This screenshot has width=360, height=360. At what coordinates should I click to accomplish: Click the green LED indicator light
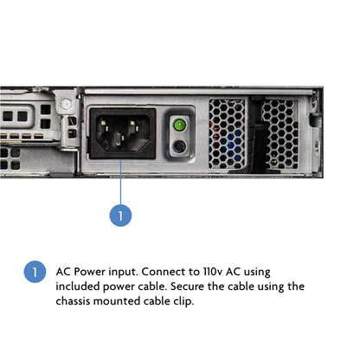point(179,125)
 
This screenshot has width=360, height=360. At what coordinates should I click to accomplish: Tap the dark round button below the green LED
point(179,146)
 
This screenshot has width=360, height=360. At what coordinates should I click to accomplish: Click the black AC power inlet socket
point(123,133)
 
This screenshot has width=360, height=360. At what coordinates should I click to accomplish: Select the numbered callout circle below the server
point(120,215)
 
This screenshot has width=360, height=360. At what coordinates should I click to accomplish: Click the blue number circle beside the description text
point(35,272)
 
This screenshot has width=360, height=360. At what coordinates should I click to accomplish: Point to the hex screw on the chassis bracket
point(66,104)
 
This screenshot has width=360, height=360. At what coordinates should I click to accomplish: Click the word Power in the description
point(89,272)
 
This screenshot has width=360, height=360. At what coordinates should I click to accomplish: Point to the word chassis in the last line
point(73,301)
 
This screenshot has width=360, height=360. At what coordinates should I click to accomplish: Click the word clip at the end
point(183,302)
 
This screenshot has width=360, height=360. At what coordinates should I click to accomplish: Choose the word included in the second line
point(78,286)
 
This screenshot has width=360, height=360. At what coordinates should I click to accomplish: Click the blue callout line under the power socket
point(120,182)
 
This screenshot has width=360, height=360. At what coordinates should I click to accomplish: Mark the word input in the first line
point(123,273)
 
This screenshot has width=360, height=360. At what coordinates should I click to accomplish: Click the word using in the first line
point(257,273)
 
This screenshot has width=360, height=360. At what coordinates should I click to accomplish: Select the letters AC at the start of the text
point(63,272)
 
